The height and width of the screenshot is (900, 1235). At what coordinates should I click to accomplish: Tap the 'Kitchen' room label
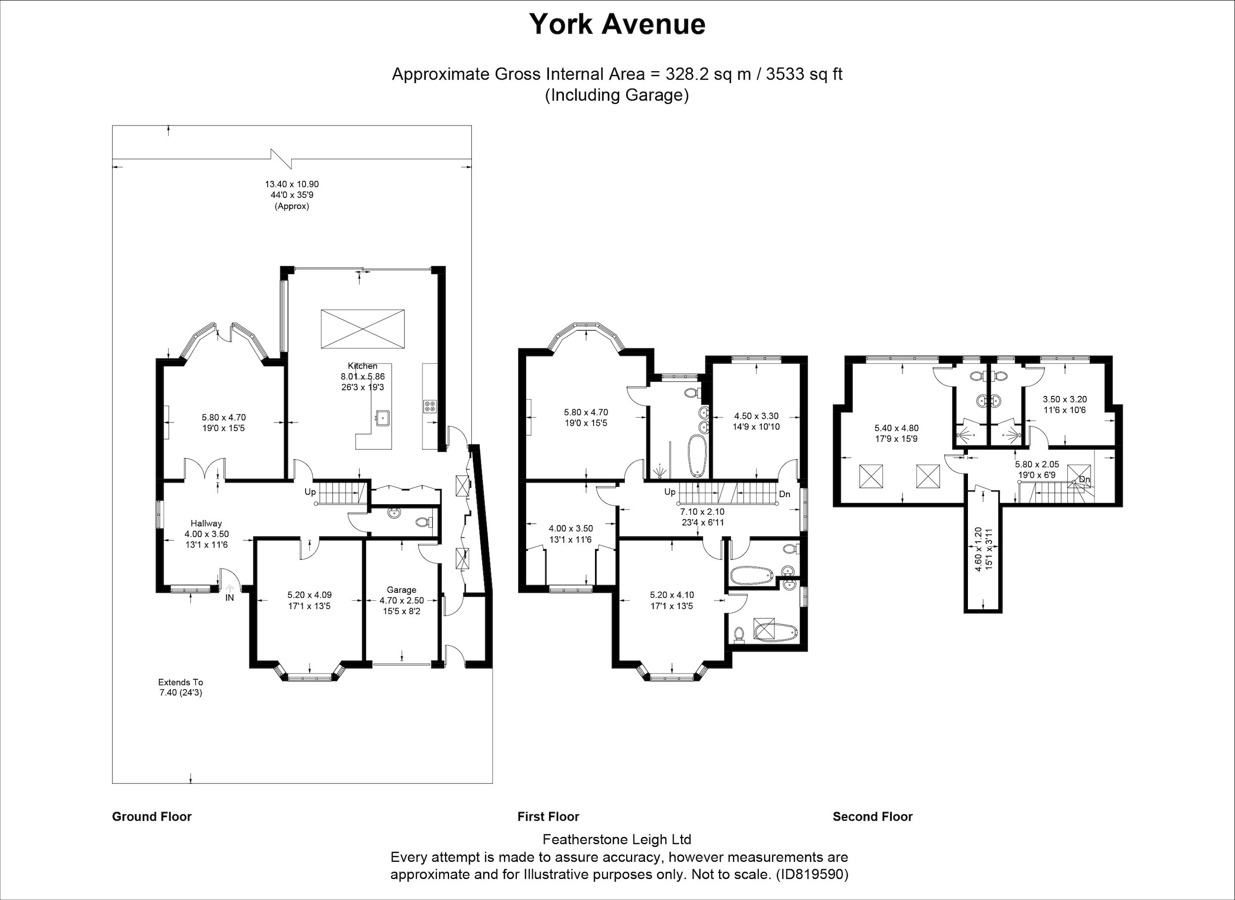[363, 366]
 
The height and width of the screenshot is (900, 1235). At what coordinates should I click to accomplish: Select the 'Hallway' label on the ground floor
[206, 523]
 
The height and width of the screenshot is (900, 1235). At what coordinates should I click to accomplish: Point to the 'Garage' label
[402, 589]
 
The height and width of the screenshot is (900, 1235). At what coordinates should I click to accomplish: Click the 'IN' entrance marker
[230, 598]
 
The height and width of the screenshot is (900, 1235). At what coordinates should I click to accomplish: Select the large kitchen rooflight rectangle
[363, 329]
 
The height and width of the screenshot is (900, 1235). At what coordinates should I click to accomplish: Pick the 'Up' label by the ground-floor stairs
[310, 492]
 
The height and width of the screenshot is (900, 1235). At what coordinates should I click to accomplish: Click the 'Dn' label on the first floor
[784, 494]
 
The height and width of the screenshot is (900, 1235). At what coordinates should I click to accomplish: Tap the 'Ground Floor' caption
[152, 817]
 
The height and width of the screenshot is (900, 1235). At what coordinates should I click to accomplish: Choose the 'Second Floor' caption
[873, 817]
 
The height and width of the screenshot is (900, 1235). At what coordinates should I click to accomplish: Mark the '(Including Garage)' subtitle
[617, 95]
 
